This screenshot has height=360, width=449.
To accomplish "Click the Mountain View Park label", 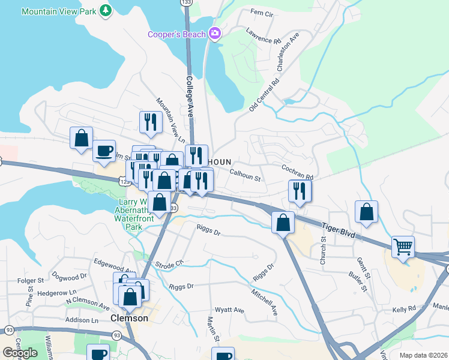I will [59, 11].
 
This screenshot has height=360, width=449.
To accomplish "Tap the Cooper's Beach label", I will [178, 34].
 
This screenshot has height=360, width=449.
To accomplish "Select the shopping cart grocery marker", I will [403, 247].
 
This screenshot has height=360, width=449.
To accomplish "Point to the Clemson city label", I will [130, 318].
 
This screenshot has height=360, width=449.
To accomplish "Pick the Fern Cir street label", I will [261, 13].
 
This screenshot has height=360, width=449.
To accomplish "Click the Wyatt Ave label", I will [230, 310].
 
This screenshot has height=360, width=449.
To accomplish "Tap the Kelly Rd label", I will [404, 310].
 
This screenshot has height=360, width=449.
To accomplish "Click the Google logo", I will [20, 353].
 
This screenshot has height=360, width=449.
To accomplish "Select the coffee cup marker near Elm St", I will [104, 150].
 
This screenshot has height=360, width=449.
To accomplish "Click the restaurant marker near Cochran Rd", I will [300, 191].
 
